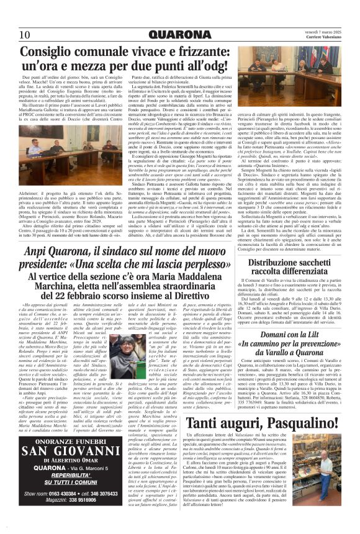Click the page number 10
(x=25, y=34)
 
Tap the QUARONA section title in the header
(x=180, y=34)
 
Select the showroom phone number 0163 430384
(x=65, y=492)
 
